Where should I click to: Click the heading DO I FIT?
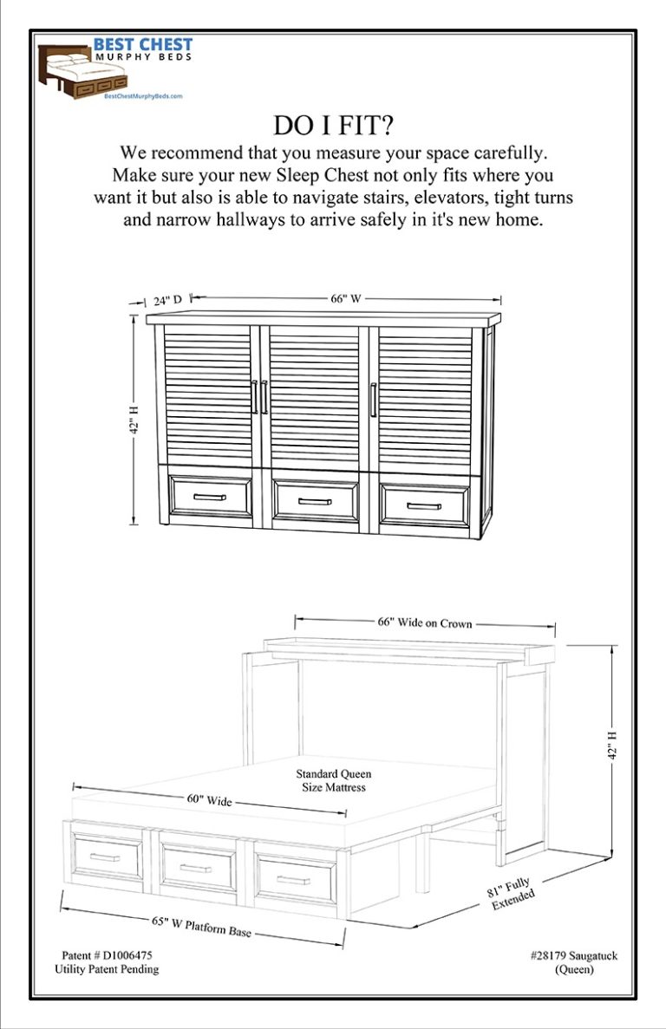point(333,125)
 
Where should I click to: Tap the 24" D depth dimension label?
point(167,301)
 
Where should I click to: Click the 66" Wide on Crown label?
point(424,622)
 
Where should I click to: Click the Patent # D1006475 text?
point(110,955)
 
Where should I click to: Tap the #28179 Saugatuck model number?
point(573,955)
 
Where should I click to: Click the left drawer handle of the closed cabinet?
point(209,498)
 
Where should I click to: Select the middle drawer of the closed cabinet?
point(315,500)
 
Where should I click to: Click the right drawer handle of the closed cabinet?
point(424,505)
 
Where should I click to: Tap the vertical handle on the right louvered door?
point(373,400)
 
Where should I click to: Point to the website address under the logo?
point(143,97)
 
